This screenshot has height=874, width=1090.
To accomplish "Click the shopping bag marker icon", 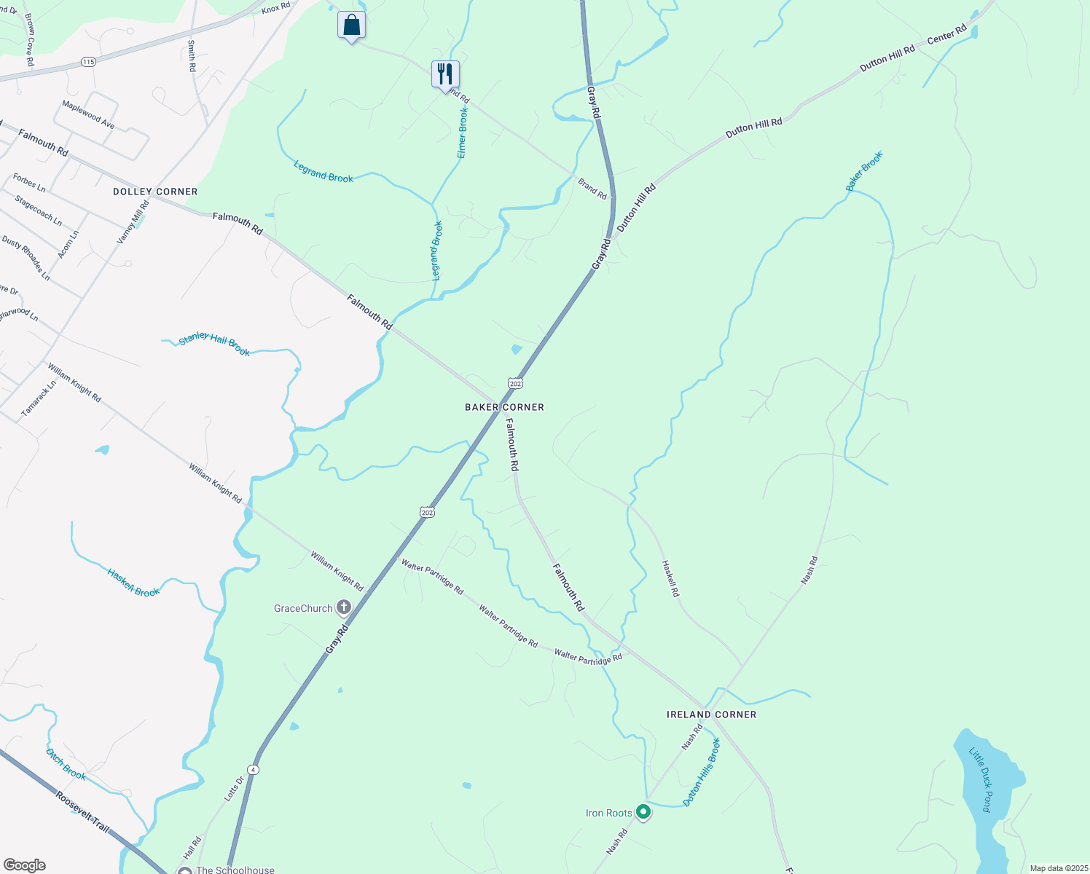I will click(x=351, y=25).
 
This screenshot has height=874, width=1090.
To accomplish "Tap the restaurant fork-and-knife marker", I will click(x=444, y=74).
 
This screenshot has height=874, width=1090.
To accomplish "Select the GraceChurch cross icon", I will click(x=343, y=607).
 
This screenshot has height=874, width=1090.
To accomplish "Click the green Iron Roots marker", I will click(x=643, y=811).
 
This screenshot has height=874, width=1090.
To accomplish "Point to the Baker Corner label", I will click(x=504, y=407).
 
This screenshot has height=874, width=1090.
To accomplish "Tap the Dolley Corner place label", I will click(x=155, y=192).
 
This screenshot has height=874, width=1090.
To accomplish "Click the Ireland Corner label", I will click(x=711, y=714).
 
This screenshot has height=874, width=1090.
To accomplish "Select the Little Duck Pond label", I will click(x=981, y=779).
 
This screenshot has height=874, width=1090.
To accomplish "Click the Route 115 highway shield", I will click(x=88, y=62).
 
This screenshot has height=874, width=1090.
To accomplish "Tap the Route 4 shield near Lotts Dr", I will click(x=253, y=769).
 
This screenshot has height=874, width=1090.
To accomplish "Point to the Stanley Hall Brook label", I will click(x=214, y=344).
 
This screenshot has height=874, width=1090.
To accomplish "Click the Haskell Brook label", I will click(x=133, y=583).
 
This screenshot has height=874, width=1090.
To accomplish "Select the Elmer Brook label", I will click(x=463, y=133).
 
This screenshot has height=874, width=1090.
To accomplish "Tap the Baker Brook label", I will click(x=864, y=171).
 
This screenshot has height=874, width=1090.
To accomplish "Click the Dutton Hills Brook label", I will click(x=702, y=772).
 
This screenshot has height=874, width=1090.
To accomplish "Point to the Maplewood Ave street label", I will click(x=88, y=115).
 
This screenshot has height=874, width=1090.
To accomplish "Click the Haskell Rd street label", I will click(x=670, y=578).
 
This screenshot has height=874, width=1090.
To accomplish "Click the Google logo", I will click(x=24, y=865).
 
